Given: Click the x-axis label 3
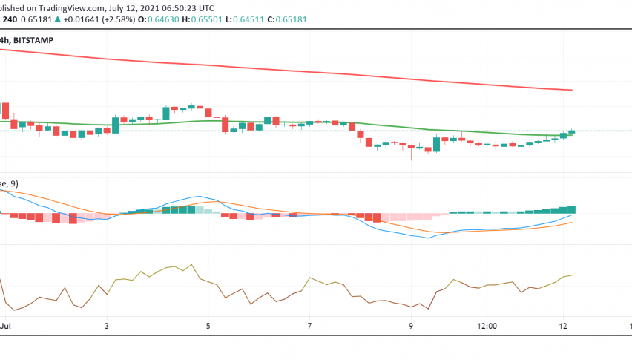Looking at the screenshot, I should pyautogui.click(x=108, y=326).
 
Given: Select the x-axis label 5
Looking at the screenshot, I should pyautogui.click(x=208, y=326).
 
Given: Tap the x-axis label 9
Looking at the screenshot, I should pyautogui.click(x=411, y=326).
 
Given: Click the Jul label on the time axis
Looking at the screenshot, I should pyautogui.click(x=6, y=326).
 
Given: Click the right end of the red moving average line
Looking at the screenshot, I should pyautogui.click(x=572, y=90).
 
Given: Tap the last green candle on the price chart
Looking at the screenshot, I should pyautogui.click(x=571, y=131).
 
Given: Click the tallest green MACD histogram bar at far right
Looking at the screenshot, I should pyautogui.click(x=571, y=209).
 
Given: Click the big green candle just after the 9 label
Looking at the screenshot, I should pyautogui.click(x=436, y=145).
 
